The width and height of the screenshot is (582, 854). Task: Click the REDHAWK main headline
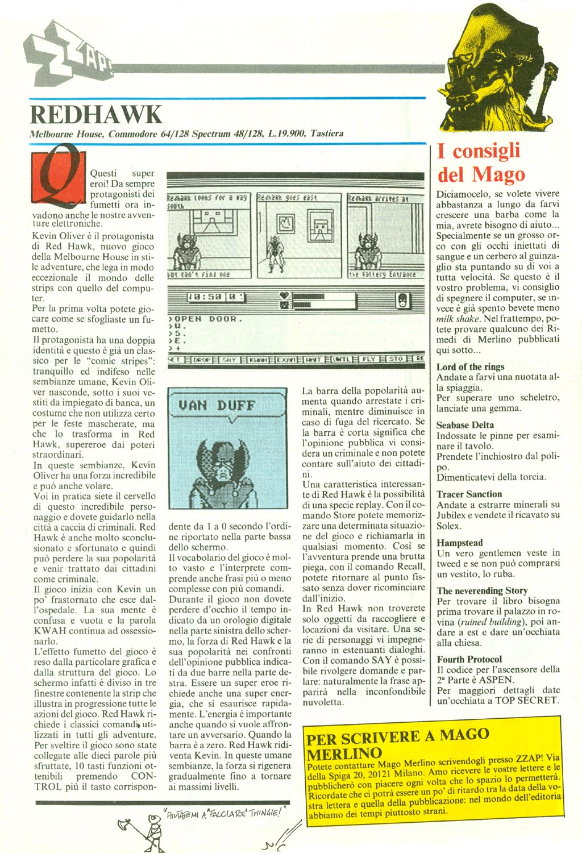pyautogui.click(x=96, y=114)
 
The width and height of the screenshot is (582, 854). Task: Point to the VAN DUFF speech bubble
pyautogui.click(x=217, y=406)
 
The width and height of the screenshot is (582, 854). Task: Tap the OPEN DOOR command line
pyautogui.click(x=206, y=319)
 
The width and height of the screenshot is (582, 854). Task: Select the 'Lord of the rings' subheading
pyautogui.click(x=470, y=367)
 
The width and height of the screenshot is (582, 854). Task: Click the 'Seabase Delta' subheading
pyautogui.click(x=465, y=425)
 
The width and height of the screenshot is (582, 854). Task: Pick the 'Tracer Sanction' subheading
pyautogui.click(x=469, y=494)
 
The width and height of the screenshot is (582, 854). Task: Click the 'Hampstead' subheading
pyautogui.click(x=459, y=543)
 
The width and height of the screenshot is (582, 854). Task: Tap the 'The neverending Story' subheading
pyautogui.click(x=482, y=591)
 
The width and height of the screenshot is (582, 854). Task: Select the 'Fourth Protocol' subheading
pyautogui.click(x=469, y=659)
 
